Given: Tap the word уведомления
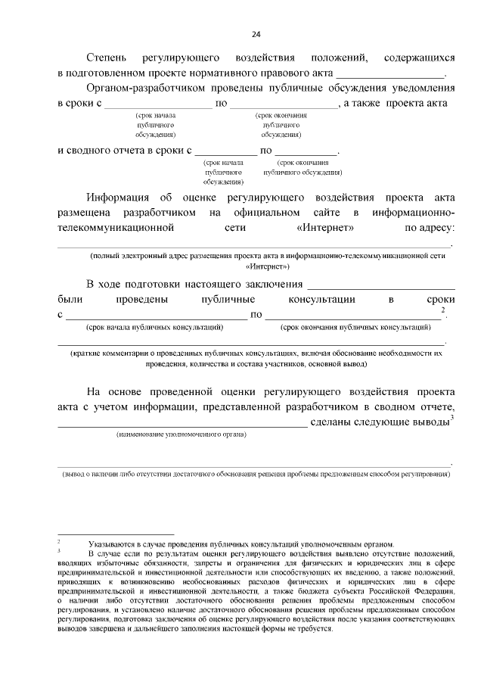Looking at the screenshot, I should (421, 88).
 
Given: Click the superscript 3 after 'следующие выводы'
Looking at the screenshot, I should (451, 417).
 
